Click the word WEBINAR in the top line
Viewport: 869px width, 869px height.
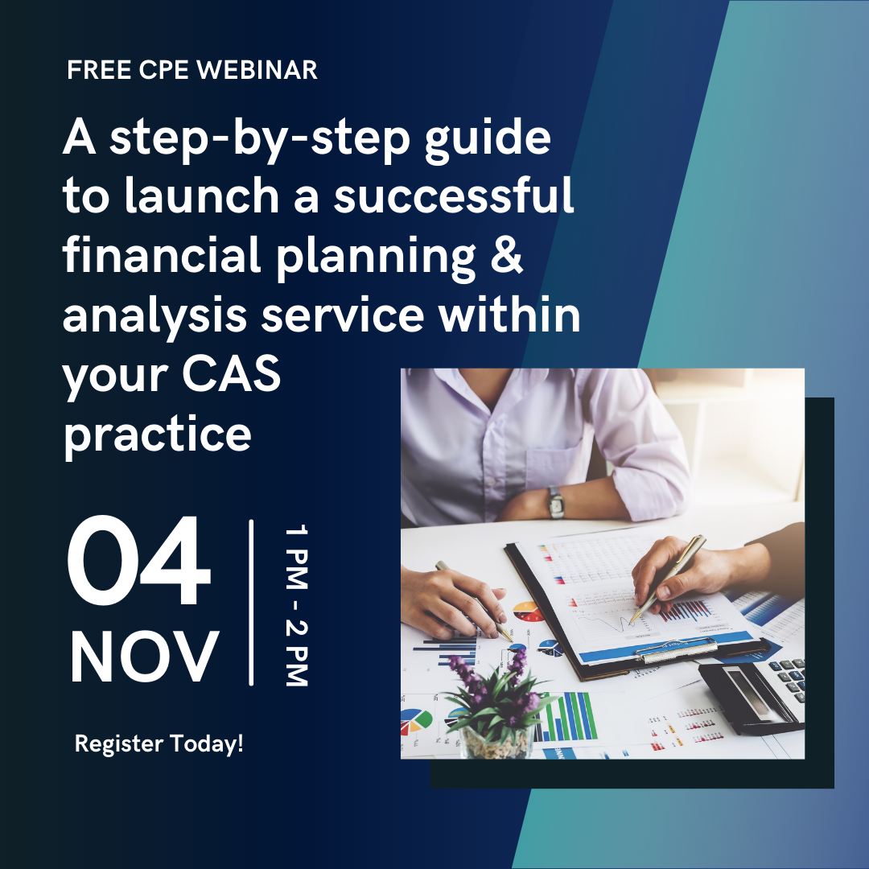(x=257, y=70)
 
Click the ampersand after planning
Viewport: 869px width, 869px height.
(x=507, y=255)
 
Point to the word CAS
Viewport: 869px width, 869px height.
(x=231, y=374)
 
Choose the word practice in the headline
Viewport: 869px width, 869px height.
(x=158, y=435)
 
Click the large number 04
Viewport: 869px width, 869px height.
(x=138, y=560)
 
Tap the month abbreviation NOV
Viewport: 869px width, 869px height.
(x=144, y=657)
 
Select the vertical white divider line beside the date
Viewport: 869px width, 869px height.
(x=251, y=603)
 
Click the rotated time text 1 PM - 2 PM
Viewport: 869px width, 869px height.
(x=296, y=605)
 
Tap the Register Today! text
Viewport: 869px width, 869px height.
(x=159, y=743)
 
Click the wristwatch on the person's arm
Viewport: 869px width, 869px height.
(x=556, y=502)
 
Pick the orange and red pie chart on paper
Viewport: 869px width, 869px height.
(x=528, y=612)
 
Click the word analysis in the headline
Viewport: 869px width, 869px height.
(x=154, y=316)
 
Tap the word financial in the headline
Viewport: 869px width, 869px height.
(x=161, y=254)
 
